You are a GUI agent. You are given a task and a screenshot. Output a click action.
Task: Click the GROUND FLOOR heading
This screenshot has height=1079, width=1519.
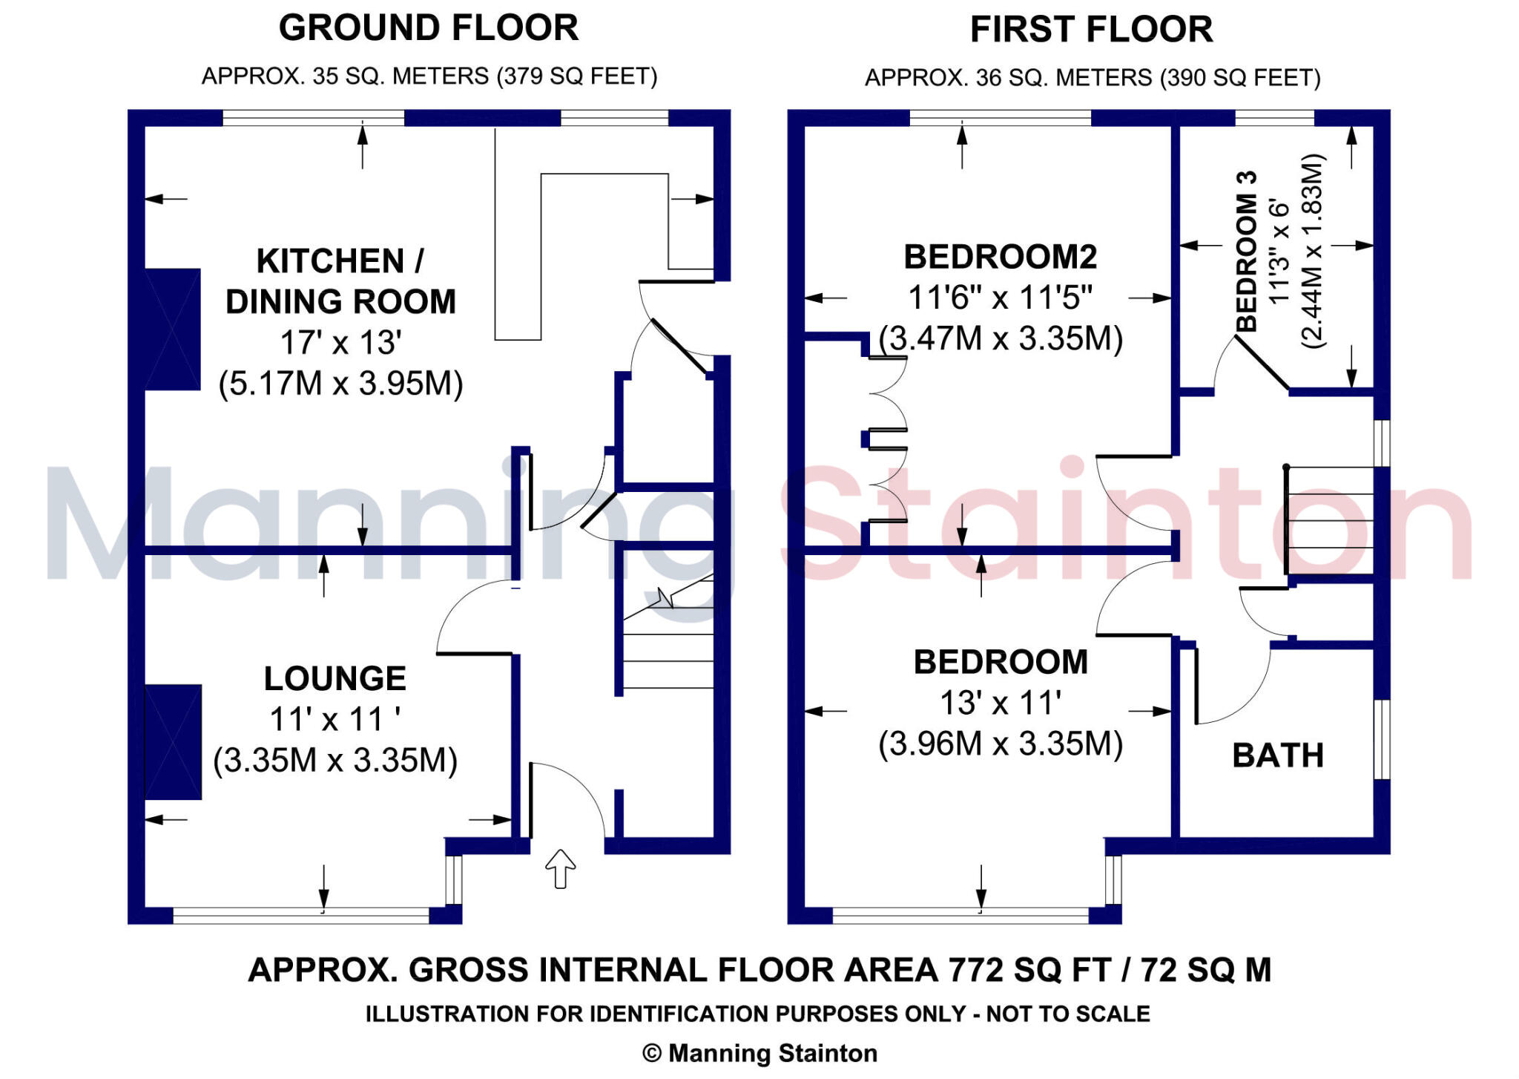click(428, 28)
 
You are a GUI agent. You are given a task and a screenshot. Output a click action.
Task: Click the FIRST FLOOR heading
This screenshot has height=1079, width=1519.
click(1090, 30)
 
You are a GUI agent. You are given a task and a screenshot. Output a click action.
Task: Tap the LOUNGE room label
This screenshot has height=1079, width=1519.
click(335, 678)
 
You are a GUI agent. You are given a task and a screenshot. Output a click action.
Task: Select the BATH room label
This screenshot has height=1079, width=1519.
click(1277, 755)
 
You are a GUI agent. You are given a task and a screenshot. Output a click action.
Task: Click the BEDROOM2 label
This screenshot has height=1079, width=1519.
click(1000, 257)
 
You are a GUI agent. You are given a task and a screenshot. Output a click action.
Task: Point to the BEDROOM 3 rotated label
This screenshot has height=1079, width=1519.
click(1247, 252)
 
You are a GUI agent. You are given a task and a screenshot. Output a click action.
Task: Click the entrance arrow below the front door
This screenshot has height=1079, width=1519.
click(560, 868)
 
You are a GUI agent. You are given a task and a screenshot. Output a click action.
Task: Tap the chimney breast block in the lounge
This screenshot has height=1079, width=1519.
click(173, 741)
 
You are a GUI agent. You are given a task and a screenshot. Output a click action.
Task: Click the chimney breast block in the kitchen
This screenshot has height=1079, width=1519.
click(172, 329)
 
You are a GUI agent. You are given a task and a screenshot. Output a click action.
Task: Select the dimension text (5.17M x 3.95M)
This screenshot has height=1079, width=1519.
click(340, 384)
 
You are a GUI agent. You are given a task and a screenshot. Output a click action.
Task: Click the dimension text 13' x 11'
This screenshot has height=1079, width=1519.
click(1000, 703)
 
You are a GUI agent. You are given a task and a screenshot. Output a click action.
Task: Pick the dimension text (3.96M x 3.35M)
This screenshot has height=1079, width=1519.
click(1000, 743)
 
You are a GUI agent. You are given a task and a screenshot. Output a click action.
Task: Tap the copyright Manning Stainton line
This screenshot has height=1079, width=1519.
click(759, 1053)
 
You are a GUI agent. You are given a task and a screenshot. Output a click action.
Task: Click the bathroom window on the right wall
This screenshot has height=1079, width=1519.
click(1381, 738)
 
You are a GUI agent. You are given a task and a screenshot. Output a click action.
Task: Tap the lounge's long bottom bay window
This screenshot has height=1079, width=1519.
click(300, 915)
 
